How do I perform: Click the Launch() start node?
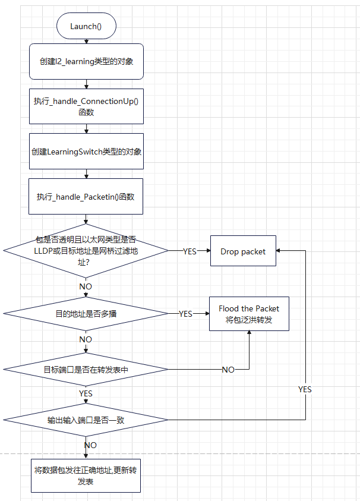86,26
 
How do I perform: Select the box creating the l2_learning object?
86,61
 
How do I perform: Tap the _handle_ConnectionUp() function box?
86,106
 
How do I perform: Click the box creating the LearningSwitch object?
86,152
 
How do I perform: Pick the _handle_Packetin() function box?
86,197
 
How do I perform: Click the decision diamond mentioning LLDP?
86,251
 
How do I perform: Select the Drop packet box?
243,251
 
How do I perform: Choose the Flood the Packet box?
249,314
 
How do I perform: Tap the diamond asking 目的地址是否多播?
86,313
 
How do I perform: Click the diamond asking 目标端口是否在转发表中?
86,369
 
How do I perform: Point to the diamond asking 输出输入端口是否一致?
86,420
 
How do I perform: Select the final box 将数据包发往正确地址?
86,475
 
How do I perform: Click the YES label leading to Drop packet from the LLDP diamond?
190,251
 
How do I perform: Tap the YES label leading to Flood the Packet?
185,314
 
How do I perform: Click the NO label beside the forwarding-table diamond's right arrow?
228,370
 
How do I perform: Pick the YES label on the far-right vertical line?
305,389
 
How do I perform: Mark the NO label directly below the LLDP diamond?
86,286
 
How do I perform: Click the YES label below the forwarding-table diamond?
86,393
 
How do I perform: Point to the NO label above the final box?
90,445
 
